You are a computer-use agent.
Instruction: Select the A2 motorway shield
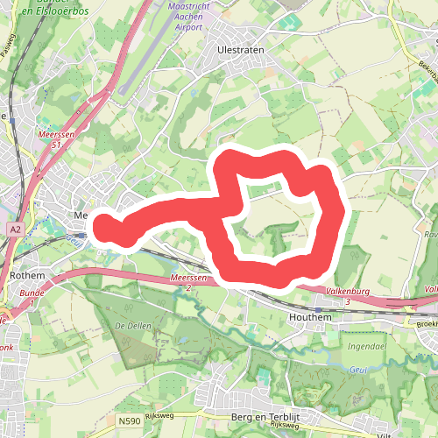(15, 230)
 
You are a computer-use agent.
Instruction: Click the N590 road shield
(128, 422)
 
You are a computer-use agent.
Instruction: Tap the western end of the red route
(103, 226)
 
